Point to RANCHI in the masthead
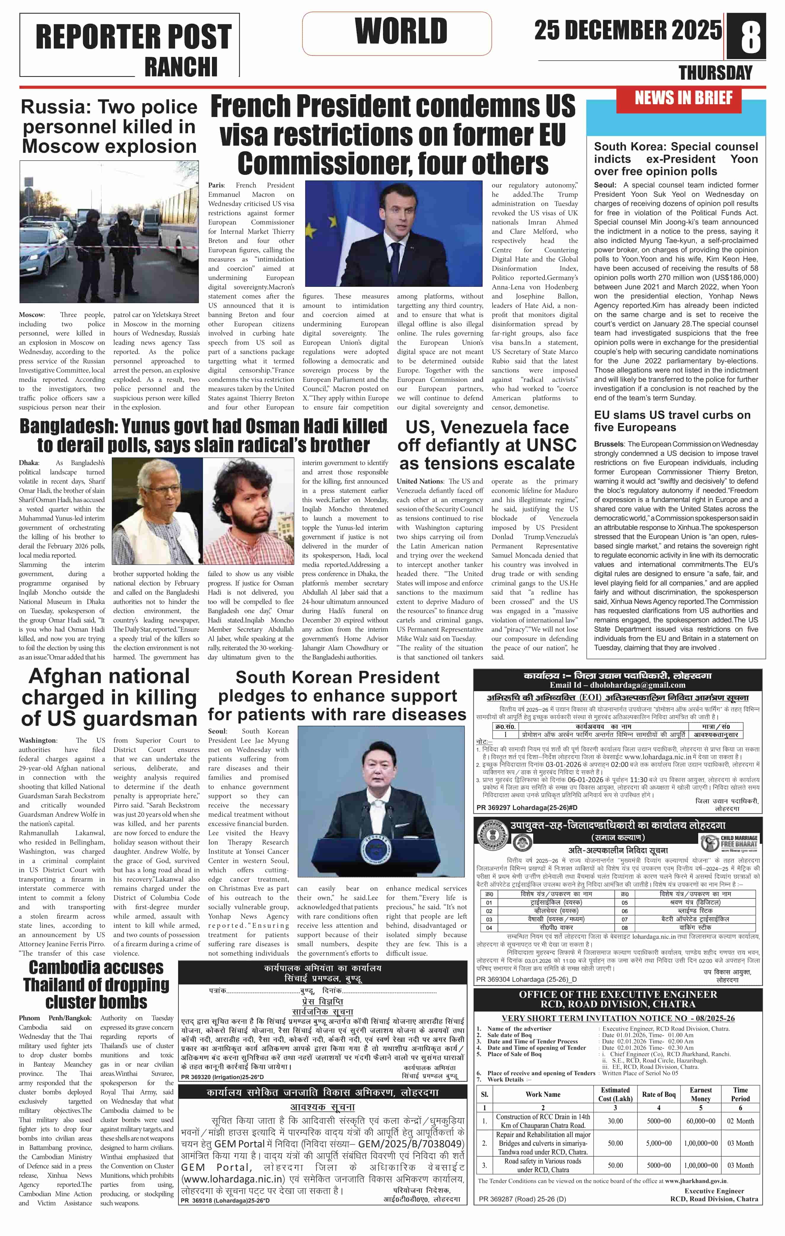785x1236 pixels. click(181, 67)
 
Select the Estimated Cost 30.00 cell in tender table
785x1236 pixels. click(615, 1121)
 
